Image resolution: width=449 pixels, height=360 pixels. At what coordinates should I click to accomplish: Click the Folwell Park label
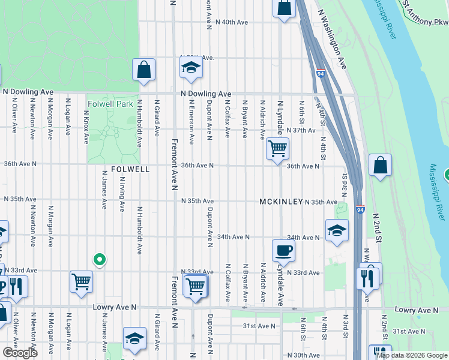pyautogui.click(x=110, y=104)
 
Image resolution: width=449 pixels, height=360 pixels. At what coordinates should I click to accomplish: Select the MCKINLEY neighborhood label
pyautogui.click(x=281, y=202)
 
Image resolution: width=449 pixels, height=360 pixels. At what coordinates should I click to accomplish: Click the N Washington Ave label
pyautogui.click(x=332, y=38)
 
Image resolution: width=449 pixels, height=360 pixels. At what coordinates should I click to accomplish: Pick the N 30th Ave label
pyautogui.click(x=303, y=355)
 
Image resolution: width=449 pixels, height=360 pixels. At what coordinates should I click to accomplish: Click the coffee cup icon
pyautogui.click(x=283, y=250)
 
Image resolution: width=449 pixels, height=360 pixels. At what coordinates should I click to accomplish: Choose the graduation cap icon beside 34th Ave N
pyautogui.click(x=337, y=230)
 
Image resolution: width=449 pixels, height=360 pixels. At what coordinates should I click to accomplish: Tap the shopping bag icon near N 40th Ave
pyautogui.click(x=285, y=8)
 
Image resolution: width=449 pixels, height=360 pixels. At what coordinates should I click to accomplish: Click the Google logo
pyautogui.click(x=20, y=353)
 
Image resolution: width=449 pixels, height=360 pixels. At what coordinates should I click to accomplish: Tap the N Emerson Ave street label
pyautogui.click(x=191, y=122)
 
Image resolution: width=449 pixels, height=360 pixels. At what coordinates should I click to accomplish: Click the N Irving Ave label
pyautogui.click(x=122, y=194)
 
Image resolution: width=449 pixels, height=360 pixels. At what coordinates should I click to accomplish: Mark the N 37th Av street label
pyautogui.click(x=301, y=130)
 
